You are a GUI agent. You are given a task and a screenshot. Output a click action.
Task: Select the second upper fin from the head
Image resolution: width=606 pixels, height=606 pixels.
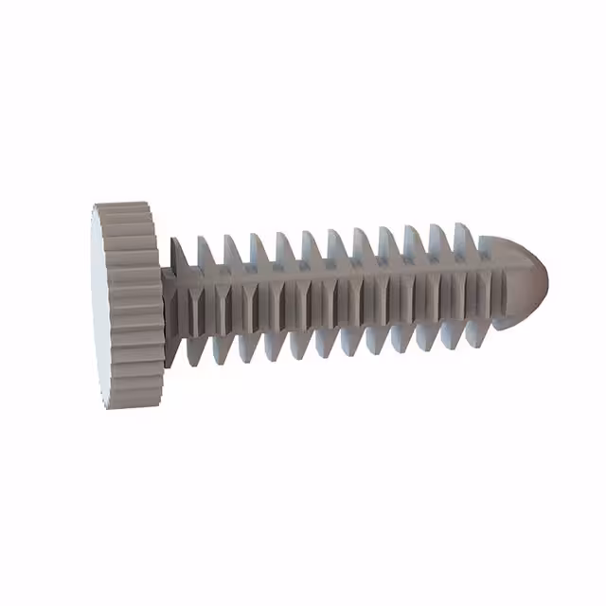pos(205,252)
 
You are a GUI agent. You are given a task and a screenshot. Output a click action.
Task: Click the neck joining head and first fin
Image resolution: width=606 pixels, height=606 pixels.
pos(169,294)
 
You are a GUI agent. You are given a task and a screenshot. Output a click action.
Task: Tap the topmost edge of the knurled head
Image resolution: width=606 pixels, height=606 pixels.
pos(123,204)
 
